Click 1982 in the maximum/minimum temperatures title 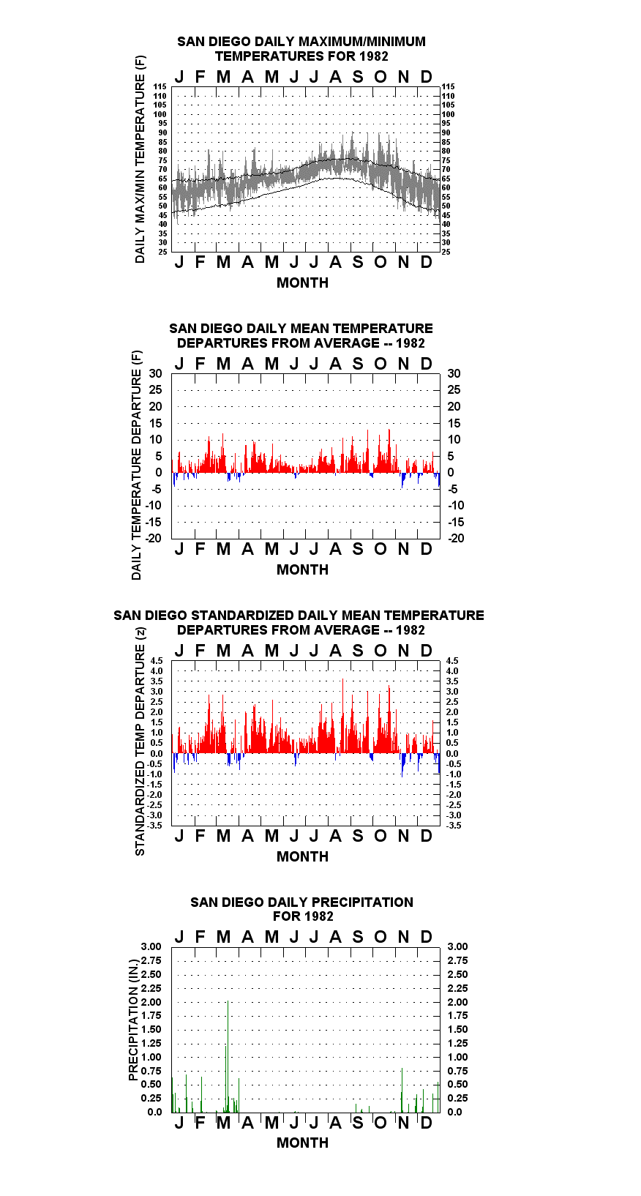[374, 56]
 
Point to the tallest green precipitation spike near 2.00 [228, 1057]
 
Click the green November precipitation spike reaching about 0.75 [402, 1091]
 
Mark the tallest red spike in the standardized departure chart [342, 715]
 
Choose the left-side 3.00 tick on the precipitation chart [151, 946]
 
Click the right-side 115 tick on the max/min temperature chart [448, 86]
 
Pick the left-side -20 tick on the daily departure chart [153, 538]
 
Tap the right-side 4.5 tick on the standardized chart [452, 661]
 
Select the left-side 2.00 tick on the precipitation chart [151, 1002]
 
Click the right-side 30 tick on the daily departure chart [454, 374]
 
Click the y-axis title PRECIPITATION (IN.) [133, 1020]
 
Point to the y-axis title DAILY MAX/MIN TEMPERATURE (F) [140, 159]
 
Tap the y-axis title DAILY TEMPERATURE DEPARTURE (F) [137, 465]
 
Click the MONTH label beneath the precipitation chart [303, 1143]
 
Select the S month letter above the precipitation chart [358, 937]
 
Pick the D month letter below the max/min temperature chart [426, 262]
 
